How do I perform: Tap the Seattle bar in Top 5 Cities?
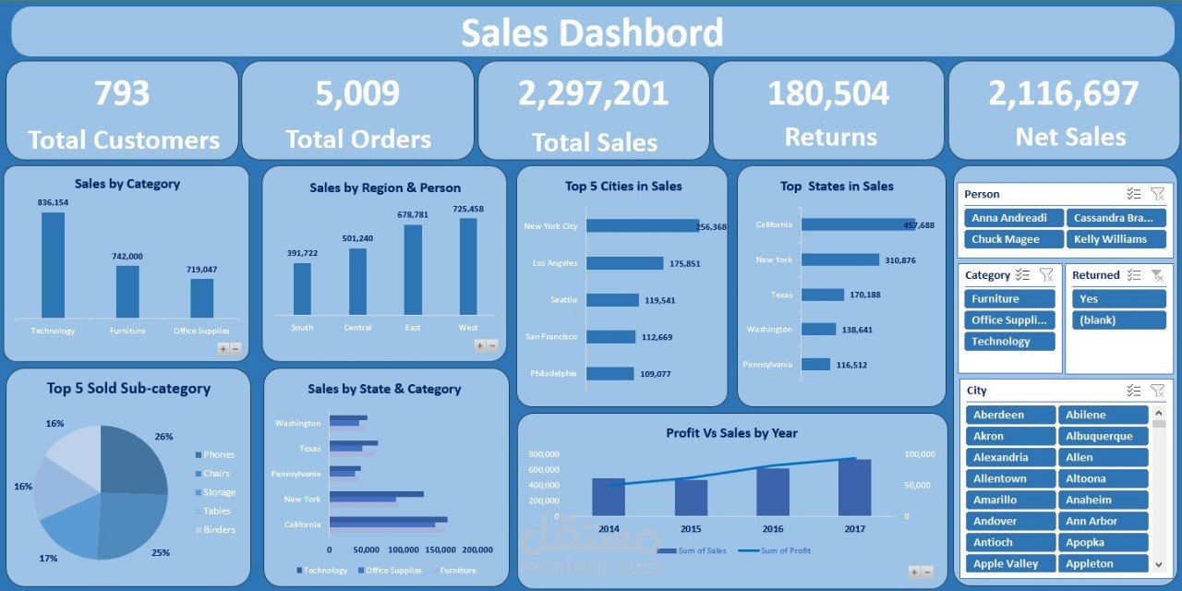tap(612, 300)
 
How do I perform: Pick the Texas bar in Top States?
tap(823, 295)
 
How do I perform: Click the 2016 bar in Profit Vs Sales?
tap(773, 491)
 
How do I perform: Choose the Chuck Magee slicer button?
tap(1012, 239)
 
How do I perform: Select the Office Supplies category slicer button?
tap(1009, 320)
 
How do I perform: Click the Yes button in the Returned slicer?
tap(1118, 299)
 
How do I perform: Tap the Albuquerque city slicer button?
tap(1103, 436)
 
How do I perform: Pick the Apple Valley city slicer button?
tap(1010, 563)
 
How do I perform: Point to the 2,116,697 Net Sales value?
tap(1063, 93)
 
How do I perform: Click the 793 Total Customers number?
tap(122, 93)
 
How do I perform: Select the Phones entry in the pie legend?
tap(218, 454)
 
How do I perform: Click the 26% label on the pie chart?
tap(163, 437)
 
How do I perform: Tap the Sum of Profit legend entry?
tap(785, 551)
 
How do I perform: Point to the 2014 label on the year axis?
tap(609, 529)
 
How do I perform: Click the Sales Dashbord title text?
tap(592, 33)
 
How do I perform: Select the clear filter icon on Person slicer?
tap(1157, 194)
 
